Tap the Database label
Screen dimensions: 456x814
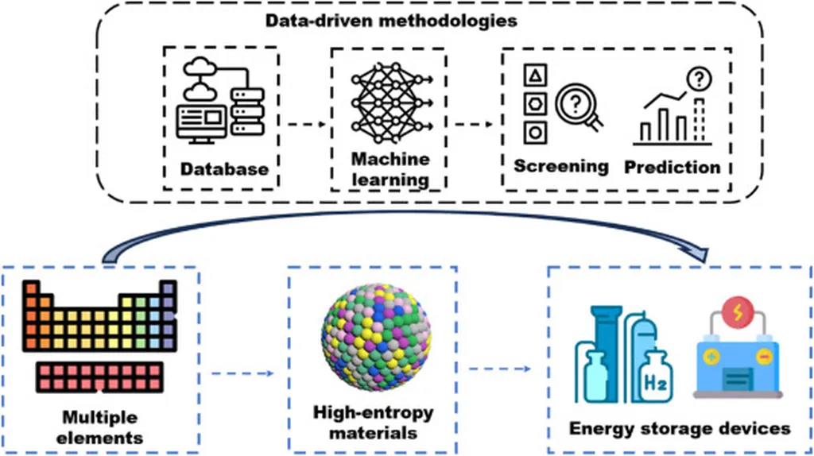point(223,168)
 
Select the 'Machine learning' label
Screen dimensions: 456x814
point(390,169)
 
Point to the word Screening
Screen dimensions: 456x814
point(560,166)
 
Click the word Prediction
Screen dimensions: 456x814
point(672,167)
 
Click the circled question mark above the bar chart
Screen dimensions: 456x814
point(700,78)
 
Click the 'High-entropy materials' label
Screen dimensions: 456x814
point(373,423)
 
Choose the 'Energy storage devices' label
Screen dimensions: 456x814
point(680,428)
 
